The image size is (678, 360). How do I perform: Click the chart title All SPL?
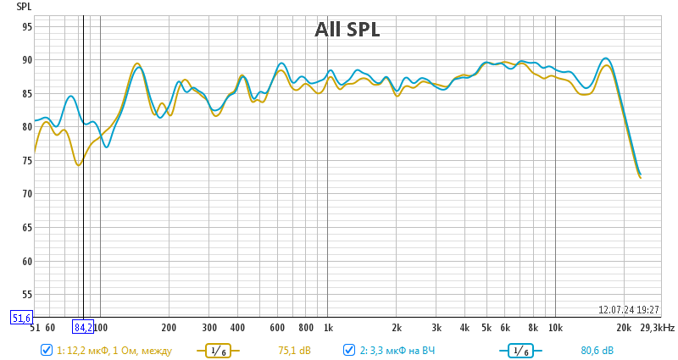point(347,30)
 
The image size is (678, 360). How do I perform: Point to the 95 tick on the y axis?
point(26,27)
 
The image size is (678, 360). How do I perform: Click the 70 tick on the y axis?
point(26,194)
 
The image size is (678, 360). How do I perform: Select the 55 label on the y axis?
point(26,294)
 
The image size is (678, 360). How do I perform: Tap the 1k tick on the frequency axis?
point(327,327)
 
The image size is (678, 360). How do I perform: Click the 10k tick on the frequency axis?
point(555,327)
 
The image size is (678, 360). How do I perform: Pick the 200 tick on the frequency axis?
point(169,327)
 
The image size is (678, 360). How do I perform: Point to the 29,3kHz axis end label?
point(658,327)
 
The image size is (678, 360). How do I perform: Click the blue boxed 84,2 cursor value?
point(83,327)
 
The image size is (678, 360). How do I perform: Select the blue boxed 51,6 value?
point(21,318)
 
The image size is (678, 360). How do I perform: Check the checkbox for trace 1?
point(47,350)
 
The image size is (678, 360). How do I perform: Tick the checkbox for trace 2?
point(349,350)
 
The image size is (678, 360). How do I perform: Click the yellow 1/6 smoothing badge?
point(218,350)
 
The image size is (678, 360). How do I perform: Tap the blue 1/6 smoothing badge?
point(520,350)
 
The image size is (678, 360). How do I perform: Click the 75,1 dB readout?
point(294,350)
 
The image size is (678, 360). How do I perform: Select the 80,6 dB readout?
point(597,350)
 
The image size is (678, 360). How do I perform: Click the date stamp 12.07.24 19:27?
point(629,310)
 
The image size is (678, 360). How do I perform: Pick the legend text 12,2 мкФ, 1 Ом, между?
point(114,350)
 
